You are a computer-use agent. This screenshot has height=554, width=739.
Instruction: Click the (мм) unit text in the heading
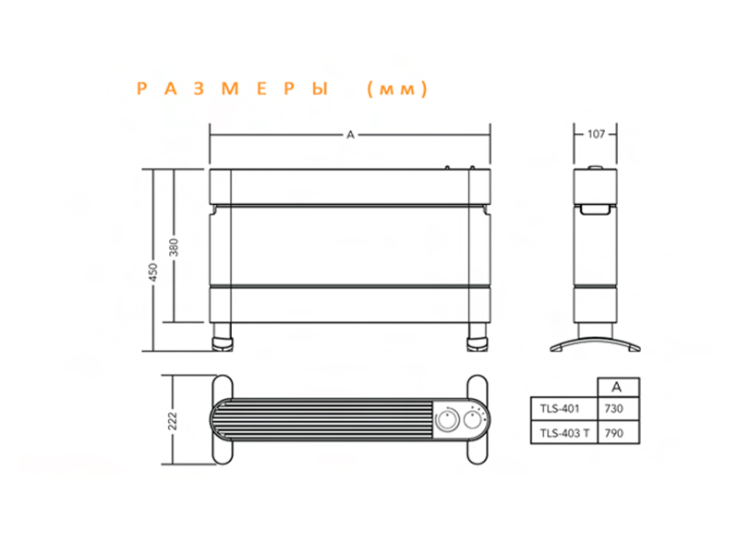tap(395, 90)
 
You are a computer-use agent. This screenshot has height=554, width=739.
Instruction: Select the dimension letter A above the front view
tap(350, 135)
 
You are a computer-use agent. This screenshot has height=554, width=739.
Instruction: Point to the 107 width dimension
tap(596, 135)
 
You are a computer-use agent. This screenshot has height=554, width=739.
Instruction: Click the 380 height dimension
tap(174, 247)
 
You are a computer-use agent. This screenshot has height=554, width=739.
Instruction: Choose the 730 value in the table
tap(612, 407)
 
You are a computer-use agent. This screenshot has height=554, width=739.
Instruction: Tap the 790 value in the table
tap(612, 432)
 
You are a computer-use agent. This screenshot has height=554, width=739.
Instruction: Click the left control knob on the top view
tap(448, 420)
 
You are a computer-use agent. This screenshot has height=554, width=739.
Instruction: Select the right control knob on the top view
tap(475, 420)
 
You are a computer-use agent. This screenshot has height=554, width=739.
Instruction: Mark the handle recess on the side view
tap(596, 211)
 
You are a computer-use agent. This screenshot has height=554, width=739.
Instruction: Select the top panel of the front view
tap(350, 186)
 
